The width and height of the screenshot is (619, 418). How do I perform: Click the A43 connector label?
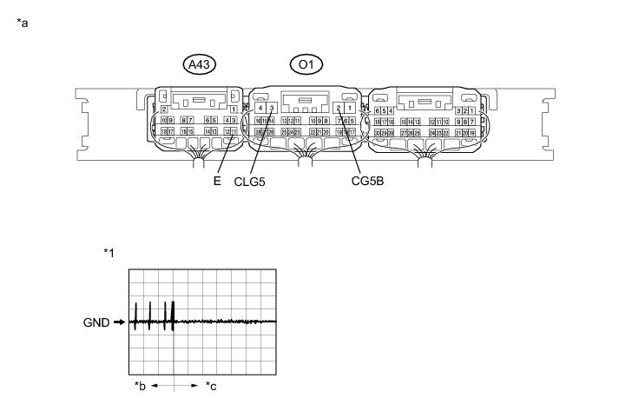(200, 64)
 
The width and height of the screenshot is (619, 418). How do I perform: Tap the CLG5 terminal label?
(249, 182)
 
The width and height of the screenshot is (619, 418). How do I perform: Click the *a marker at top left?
(23, 23)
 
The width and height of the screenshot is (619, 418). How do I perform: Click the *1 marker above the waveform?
(109, 252)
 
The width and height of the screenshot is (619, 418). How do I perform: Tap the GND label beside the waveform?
(96, 322)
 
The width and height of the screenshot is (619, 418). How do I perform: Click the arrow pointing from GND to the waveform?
(120, 322)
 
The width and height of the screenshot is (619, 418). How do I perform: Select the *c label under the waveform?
(211, 385)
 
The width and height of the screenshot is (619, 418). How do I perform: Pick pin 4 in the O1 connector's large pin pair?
(260, 108)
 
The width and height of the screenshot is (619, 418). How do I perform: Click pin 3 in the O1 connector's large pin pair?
(272, 108)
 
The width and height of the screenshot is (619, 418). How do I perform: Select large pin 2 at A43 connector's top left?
(165, 108)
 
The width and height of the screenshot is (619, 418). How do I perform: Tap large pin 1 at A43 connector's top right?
(234, 108)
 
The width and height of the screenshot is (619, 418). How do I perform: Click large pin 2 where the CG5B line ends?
(338, 108)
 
